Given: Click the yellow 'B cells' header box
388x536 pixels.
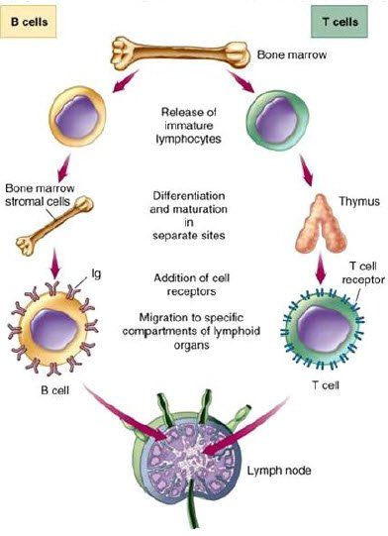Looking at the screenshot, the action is (29, 22).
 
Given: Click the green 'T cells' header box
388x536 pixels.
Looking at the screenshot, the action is (339, 22).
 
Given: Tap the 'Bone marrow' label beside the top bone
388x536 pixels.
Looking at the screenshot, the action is (292, 54).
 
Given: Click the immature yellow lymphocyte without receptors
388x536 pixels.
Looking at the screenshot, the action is (77, 117).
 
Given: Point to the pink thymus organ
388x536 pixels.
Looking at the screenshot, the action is (321, 223).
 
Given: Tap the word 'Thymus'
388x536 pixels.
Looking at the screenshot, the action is (359, 201).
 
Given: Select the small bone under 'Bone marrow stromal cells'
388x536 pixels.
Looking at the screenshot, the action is (54, 226).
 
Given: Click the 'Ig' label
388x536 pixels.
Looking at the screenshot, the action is (96, 273).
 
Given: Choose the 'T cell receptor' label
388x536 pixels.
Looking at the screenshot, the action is (363, 272).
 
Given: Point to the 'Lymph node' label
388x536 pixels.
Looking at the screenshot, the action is (279, 471).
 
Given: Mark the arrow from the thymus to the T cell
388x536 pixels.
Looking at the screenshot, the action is (321, 268).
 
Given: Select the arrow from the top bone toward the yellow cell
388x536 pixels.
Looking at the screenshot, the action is (126, 80).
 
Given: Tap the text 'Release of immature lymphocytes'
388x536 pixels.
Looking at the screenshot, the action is (188, 126).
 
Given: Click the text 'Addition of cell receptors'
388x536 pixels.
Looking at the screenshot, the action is (191, 284).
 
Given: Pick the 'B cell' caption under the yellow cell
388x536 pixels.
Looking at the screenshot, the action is (55, 390).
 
